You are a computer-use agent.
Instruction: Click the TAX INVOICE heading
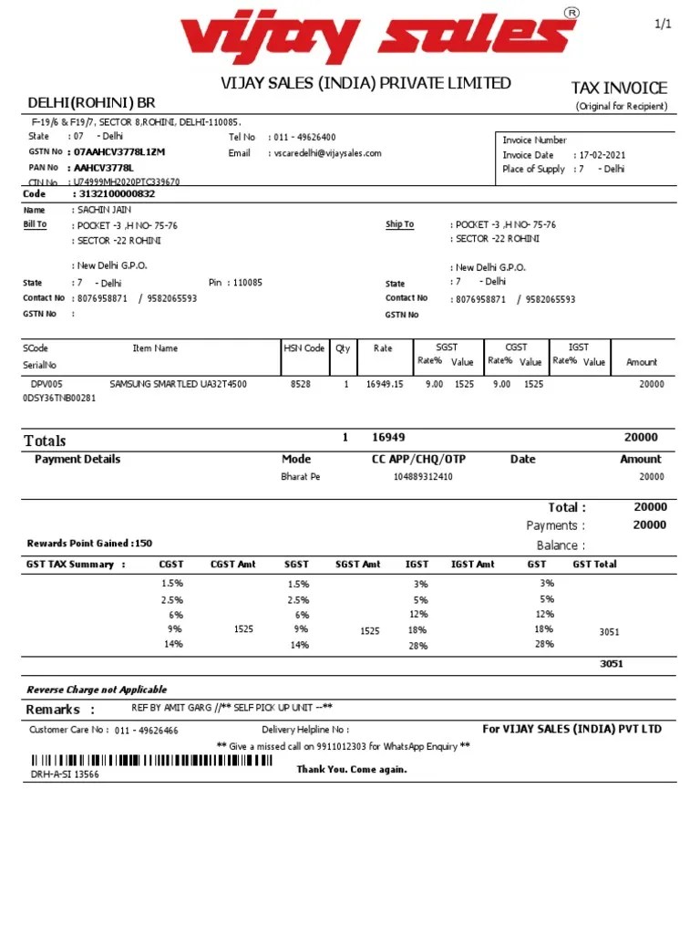[x=619, y=88]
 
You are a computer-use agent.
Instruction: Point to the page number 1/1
[x=663, y=25]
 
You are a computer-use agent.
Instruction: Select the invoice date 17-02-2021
[x=603, y=155]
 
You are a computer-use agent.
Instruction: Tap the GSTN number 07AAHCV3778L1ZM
[x=119, y=151]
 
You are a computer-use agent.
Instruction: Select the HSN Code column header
[x=303, y=348]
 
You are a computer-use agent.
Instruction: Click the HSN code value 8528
[x=300, y=385]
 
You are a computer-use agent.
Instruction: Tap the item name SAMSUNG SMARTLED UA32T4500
[x=178, y=385]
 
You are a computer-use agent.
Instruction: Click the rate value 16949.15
[x=384, y=385]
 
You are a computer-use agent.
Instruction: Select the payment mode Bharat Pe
[x=301, y=477]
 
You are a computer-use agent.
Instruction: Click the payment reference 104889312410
[x=423, y=477]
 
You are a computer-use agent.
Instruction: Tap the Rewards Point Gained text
[x=89, y=544]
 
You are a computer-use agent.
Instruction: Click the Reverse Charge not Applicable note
[x=97, y=690]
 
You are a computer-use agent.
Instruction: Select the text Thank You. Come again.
[x=352, y=769]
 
